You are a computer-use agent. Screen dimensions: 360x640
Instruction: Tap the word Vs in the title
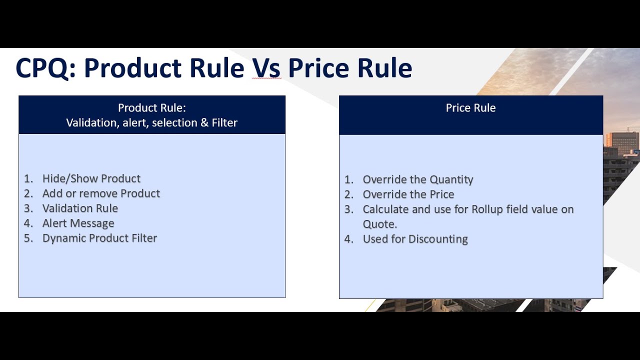point(266,68)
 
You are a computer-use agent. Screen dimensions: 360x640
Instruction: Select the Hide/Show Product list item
point(91,178)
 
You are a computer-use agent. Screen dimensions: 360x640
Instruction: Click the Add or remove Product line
point(101,193)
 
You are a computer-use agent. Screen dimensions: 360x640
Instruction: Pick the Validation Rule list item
point(80,208)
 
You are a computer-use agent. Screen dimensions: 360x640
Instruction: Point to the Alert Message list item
point(78,223)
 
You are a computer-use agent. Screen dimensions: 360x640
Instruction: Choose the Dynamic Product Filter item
point(99,238)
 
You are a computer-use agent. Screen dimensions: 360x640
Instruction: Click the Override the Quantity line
point(417,179)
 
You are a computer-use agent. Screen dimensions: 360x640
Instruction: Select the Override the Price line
point(408,194)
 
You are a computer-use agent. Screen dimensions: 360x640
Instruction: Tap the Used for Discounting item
point(415,239)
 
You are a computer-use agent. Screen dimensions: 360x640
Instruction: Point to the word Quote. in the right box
point(380,224)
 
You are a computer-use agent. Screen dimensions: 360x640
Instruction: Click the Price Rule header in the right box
point(470,108)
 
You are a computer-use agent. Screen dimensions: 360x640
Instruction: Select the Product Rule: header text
point(152,108)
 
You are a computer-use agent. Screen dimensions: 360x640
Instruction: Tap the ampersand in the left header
point(204,122)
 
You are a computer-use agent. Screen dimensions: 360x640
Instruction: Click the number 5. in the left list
point(28,238)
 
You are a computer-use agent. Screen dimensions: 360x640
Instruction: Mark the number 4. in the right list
point(348,239)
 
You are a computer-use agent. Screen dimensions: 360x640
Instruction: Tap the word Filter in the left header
point(224,122)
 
